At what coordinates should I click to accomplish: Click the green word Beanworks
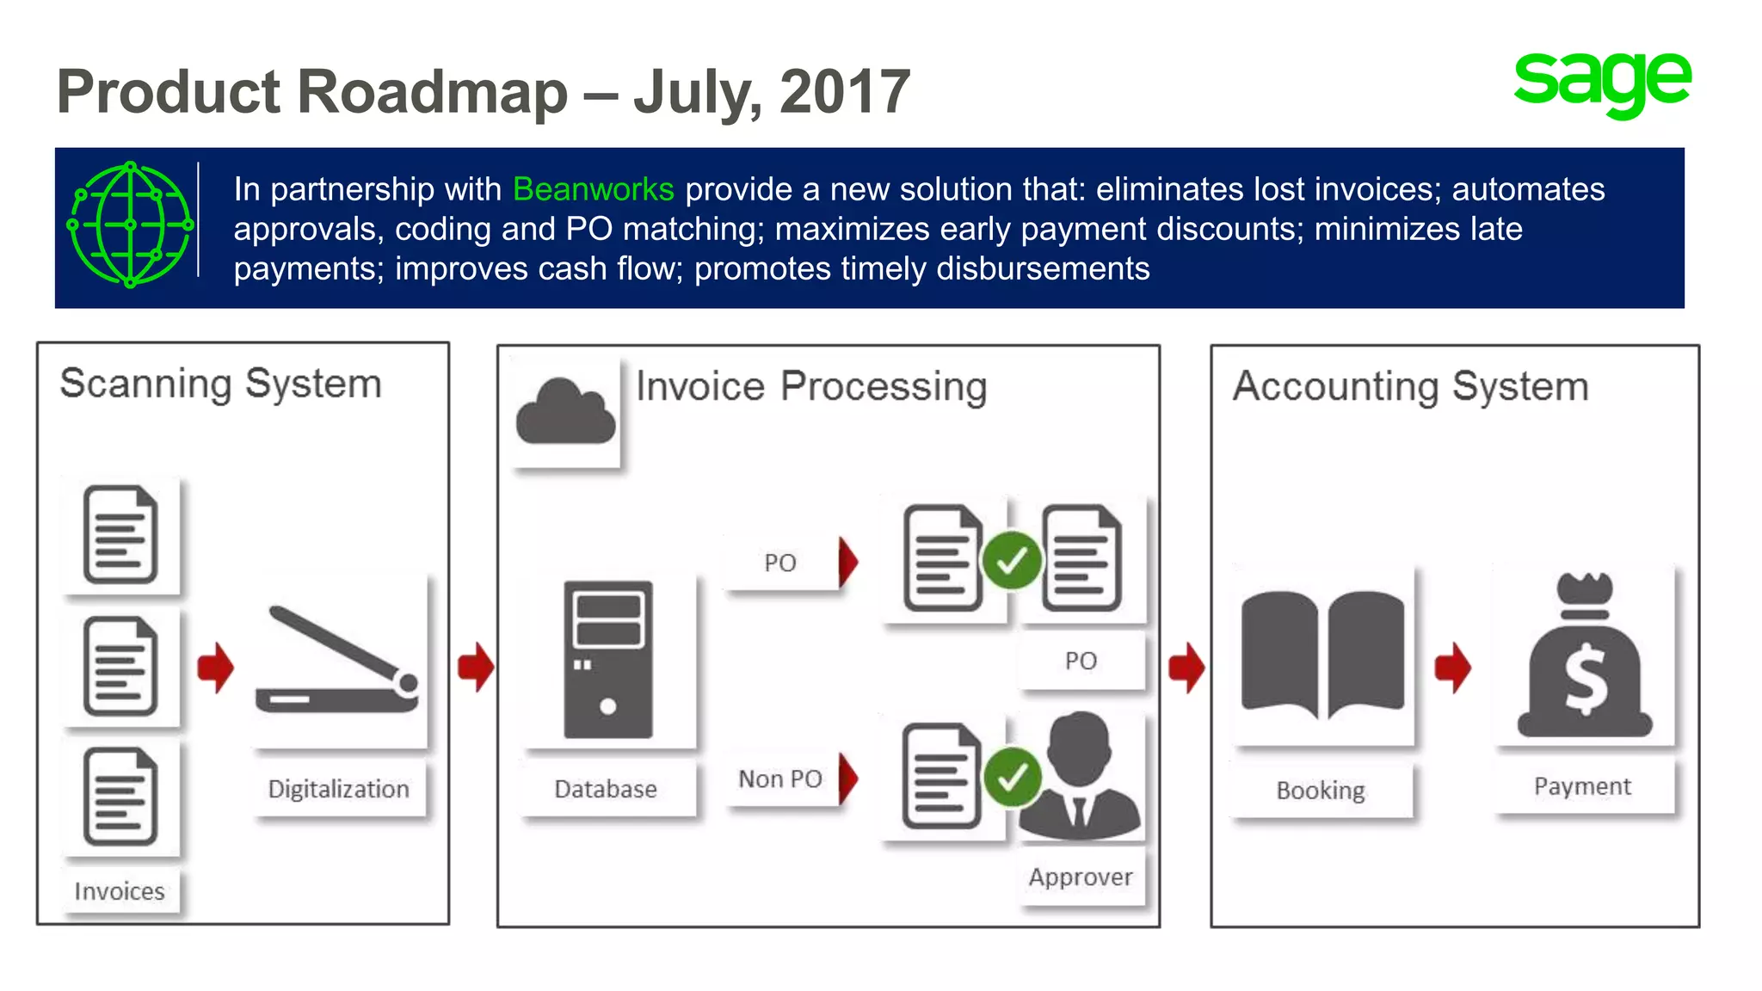593,189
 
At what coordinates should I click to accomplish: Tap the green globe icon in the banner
130,225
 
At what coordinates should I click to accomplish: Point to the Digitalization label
339,789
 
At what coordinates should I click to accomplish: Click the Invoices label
120,891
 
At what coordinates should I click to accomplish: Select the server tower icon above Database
607,659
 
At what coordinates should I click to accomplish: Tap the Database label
606,789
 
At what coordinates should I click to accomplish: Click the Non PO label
779,779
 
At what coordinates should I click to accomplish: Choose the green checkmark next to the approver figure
1012,777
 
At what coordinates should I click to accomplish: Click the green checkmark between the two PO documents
1012,561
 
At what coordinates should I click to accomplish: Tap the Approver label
1081,877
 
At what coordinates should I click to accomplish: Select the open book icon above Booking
1322,654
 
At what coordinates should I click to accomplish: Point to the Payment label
1582,786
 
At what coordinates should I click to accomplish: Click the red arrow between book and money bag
1453,667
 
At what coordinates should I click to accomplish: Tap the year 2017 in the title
845,92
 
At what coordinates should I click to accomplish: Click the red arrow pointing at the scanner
215,667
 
